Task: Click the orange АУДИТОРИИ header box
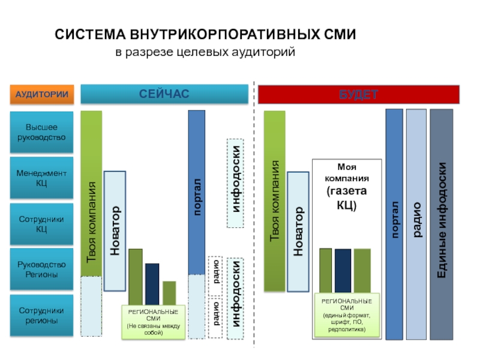click(x=41, y=95)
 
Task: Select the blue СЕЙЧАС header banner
click(x=164, y=94)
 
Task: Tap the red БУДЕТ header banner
click(x=358, y=94)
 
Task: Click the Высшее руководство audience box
click(x=41, y=133)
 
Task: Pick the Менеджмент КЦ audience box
click(x=41, y=178)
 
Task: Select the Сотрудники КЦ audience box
click(x=41, y=224)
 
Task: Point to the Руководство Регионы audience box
click(x=41, y=269)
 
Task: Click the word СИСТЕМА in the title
click(x=90, y=35)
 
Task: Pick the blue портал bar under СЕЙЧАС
click(x=197, y=192)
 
